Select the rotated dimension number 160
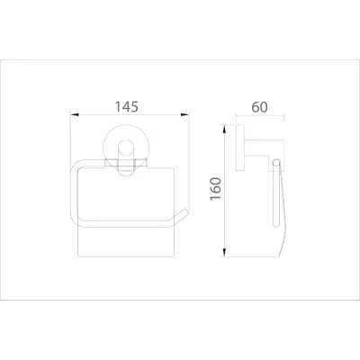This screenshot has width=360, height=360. pos(212,190)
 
